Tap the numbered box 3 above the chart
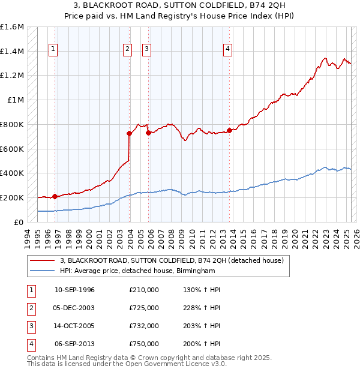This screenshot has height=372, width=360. (146, 50)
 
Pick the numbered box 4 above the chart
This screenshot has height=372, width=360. (228, 50)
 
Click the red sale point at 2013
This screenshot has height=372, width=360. (230, 130)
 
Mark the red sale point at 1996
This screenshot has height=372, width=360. (55, 196)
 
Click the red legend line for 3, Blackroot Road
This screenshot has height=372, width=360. (43, 260)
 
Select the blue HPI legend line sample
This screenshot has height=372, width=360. (43, 271)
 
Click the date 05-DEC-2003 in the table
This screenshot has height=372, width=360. (74, 308)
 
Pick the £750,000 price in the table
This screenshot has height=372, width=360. (144, 344)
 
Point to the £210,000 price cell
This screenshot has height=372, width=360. (144, 290)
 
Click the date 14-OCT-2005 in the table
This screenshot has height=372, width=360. (74, 326)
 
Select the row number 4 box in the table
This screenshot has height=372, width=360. (30, 344)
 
